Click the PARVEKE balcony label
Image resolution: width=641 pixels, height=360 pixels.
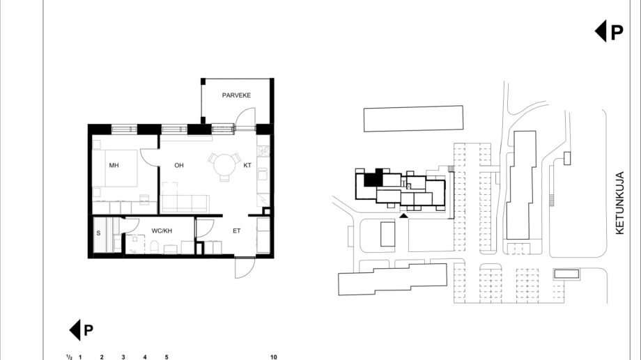click(x=236, y=95)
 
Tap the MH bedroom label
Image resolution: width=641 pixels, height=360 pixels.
click(x=114, y=166)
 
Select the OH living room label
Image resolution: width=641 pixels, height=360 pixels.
click(x=179, y=166)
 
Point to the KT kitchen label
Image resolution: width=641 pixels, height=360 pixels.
click(x=247, y=166)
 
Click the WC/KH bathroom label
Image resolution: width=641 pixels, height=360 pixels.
click(x=162, y=231)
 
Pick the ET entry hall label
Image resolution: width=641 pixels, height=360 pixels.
click(x=236, y=231)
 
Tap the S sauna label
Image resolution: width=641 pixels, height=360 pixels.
click(x=98, y=233)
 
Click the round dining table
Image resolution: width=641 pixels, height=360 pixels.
click(x=224, y=165)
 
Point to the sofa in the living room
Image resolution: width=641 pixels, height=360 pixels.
click(x=185, y=203)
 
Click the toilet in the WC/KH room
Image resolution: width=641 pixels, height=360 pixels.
click(x=155, y=246)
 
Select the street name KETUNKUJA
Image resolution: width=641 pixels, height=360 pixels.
click(x=620, y=203)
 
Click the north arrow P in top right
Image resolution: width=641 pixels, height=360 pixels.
click(x=609, y=31)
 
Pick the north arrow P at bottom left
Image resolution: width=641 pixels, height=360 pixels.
click(x=82, y=330)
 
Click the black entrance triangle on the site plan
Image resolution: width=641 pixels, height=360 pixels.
click(x=403, y=215)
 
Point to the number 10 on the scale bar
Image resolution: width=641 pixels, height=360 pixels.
click(x=274, y=357)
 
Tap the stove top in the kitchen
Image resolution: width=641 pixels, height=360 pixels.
click(x=263, y=151)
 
